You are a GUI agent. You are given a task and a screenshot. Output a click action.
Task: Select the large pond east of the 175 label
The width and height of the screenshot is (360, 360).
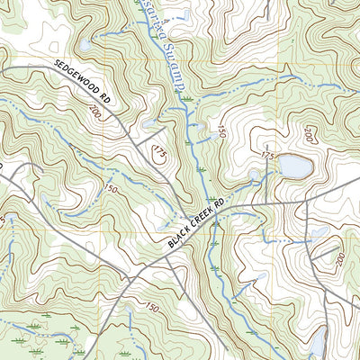293,166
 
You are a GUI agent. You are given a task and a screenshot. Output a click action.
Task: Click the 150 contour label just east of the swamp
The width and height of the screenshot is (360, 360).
221,131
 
